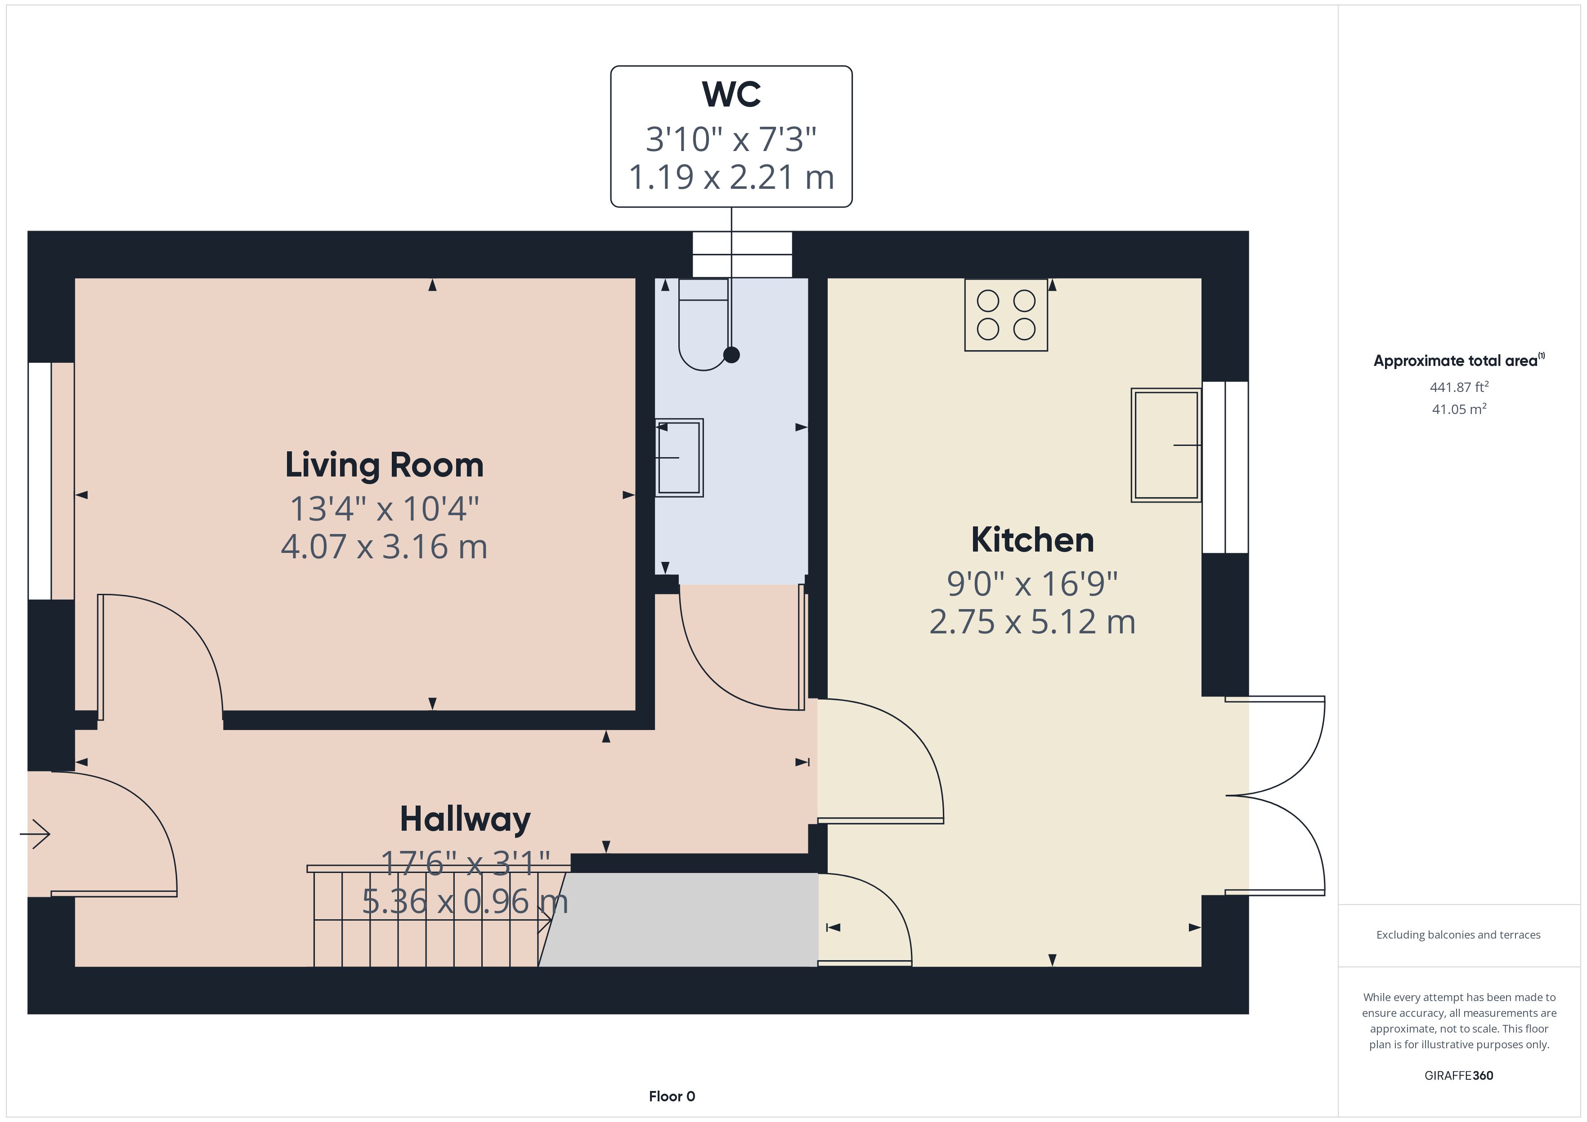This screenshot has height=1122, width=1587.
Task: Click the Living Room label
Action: (384, 465)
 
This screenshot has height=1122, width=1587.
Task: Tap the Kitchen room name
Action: (1033, 540)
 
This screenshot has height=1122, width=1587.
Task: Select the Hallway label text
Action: (465, 820)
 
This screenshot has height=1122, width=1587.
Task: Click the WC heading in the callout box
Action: (731, 95)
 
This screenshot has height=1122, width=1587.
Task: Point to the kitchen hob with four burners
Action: (1006, 315)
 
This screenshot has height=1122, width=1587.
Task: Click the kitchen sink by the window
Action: (1166, 445)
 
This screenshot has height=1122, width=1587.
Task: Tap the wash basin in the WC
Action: (679, 457)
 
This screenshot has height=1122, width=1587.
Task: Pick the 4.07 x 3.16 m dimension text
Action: (384, 547)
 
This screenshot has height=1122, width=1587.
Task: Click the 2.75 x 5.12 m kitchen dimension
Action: (1033, 622)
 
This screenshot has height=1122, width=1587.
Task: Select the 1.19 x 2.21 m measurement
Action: (731, 177)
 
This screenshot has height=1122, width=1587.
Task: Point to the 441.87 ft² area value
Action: (1459, 387)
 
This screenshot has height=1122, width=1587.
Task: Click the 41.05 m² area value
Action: (1459, 409)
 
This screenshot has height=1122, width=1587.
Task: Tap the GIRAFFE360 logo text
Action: (1459, 1076)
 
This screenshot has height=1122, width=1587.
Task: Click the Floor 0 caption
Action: (672, 1096)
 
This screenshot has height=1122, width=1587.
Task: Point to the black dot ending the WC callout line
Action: (731, 355)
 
